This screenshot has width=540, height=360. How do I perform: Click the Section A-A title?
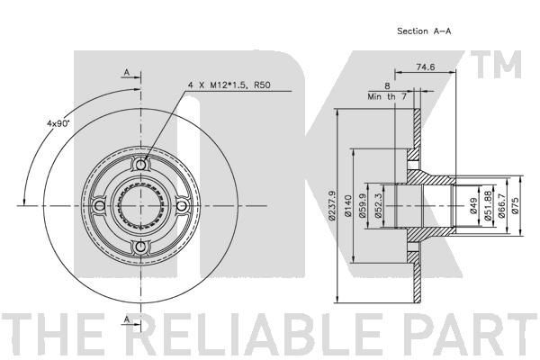click(424, 31)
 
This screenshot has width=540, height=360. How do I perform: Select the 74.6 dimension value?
click(426, 67)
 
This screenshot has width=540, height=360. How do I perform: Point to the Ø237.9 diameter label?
click(332, 205)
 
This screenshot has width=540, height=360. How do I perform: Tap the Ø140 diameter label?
click(348, 206)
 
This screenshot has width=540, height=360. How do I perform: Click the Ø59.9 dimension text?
click(363, 206)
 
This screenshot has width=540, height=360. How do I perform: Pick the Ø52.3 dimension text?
click(378, 206)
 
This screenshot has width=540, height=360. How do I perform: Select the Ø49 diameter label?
click(472, 206)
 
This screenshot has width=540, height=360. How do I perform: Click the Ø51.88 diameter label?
click(487, 206)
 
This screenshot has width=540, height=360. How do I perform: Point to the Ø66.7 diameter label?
click(502, 206)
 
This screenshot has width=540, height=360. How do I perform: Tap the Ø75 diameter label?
click(515, 206)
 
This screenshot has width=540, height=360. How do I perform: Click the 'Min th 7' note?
click(387, 97)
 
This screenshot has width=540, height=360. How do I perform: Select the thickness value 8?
click(387, 85)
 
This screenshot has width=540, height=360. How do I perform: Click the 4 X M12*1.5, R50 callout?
click(229, 85)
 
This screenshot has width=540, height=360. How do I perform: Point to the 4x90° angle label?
click(58, 123)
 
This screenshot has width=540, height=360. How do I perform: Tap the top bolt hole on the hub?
click(140, 165)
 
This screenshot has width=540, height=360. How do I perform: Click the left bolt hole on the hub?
click(100, 206)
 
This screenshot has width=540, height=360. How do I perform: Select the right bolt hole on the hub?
click(181, 206)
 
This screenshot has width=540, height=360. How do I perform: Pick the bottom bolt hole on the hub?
click(140, 247)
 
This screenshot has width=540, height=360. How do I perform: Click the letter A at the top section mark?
click(127, 72)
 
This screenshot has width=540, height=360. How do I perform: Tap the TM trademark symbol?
click(496, 65)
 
